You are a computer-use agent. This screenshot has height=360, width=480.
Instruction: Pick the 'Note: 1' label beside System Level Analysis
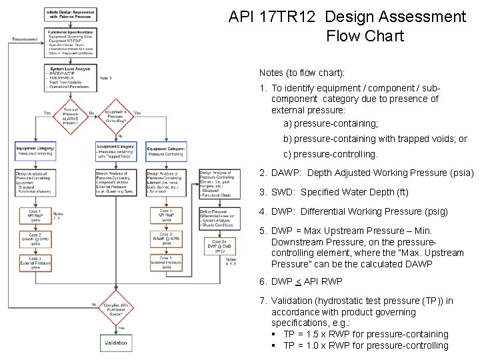(105, 78)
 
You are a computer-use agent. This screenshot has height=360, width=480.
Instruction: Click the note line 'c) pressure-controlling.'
(331, 154)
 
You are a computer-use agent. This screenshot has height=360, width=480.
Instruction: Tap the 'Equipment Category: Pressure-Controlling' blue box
(166, 151)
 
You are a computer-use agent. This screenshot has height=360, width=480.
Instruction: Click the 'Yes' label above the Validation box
(121, 327)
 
